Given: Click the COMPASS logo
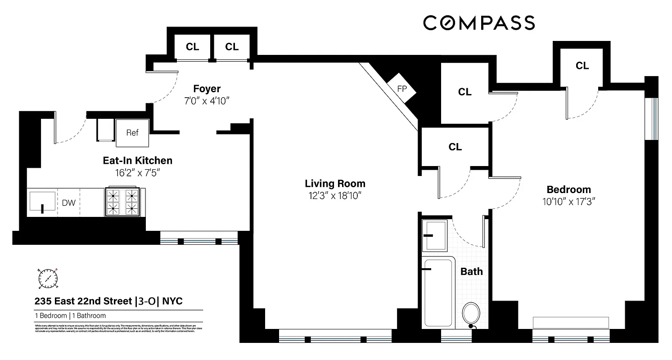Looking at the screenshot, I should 478,22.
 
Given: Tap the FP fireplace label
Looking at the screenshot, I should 402,89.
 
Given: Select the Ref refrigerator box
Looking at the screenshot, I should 132,133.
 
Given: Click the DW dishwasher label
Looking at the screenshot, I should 68,203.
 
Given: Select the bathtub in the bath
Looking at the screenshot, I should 437,292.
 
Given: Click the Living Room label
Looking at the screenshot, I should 335,184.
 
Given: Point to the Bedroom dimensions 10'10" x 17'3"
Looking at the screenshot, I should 568,202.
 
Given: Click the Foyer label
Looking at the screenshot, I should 207,89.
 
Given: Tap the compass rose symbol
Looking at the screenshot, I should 48,278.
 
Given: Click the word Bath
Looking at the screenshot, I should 471,271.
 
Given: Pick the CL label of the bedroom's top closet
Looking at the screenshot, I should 582,66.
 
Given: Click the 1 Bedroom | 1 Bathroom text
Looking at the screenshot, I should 70,315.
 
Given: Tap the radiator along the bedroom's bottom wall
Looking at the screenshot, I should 571,323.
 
